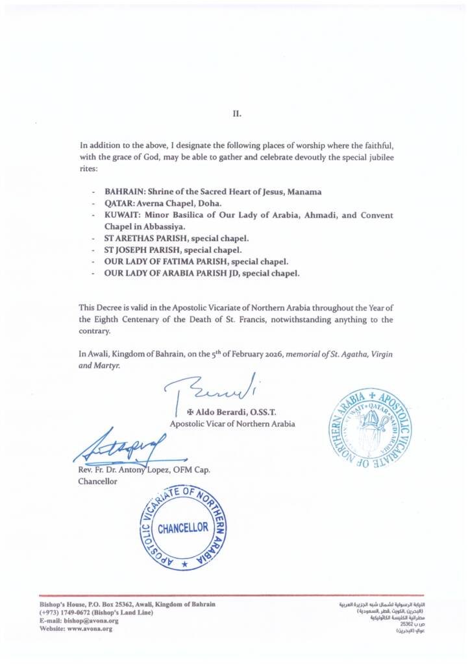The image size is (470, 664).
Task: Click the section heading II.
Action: tap(237, 113)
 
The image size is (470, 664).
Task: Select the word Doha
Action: tap(209, 204)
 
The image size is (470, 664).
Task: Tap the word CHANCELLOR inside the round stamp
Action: tap(183, 528)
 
